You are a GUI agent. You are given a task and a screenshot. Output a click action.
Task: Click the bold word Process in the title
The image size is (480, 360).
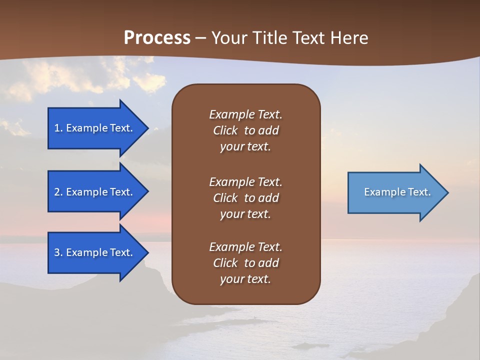tap(157, 38)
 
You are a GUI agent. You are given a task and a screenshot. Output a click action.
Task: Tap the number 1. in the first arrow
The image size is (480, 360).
tap(58, 128)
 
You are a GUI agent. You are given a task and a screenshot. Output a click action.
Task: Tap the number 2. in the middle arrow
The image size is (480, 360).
tap(58, 192)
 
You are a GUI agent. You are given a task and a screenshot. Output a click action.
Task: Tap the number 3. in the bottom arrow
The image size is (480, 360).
tap(58, 252)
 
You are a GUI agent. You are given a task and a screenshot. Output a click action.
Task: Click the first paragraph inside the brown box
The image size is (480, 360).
tap(245, 130)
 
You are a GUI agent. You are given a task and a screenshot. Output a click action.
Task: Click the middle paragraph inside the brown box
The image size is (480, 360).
tap(245, 198)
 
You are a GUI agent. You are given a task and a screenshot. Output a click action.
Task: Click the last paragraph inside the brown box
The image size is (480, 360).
tap(245, 263)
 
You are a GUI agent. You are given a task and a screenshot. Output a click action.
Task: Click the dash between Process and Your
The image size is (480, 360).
tap(200, 38)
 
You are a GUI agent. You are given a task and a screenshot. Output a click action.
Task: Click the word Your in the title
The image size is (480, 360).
tap(228, 38)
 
